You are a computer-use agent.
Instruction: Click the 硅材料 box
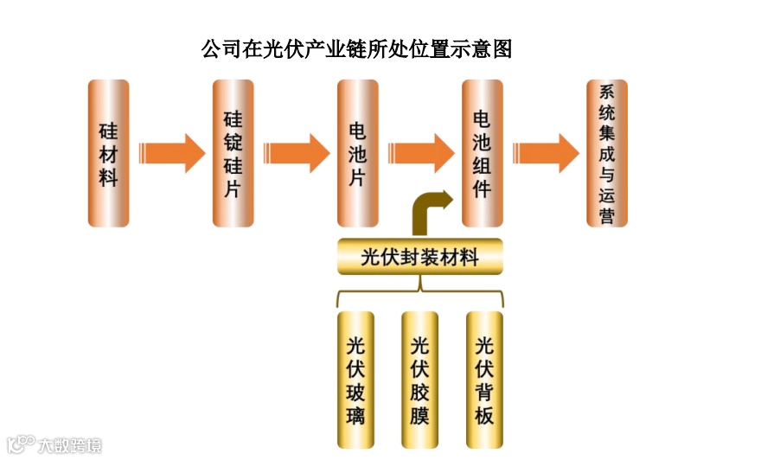[108, 153]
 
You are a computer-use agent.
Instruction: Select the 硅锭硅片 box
[233, 153]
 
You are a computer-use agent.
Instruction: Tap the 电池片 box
[357, 153]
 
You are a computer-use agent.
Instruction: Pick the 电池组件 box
[482, 153]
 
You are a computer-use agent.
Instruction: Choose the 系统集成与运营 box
[607, 153]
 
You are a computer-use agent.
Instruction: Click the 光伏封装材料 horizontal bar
[419, 257]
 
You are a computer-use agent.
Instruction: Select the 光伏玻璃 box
[355, 380]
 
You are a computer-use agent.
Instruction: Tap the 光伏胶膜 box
[420, 380]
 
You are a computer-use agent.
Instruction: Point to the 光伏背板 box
[484, 380]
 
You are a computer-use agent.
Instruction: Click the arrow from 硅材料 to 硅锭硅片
[171, 153]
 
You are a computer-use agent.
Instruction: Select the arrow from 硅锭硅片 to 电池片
[296, 153]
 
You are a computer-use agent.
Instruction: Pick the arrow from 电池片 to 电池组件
[420, 153]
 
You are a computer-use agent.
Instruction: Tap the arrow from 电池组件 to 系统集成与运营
[545, 153]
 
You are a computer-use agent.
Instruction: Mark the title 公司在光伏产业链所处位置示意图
[356, 48]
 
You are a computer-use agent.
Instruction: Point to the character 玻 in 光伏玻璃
[355, 393]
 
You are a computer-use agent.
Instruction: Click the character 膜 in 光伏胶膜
[420, 416]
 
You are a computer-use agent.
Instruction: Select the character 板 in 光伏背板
[484, 416]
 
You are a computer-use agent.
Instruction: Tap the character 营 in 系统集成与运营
[607, 216]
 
